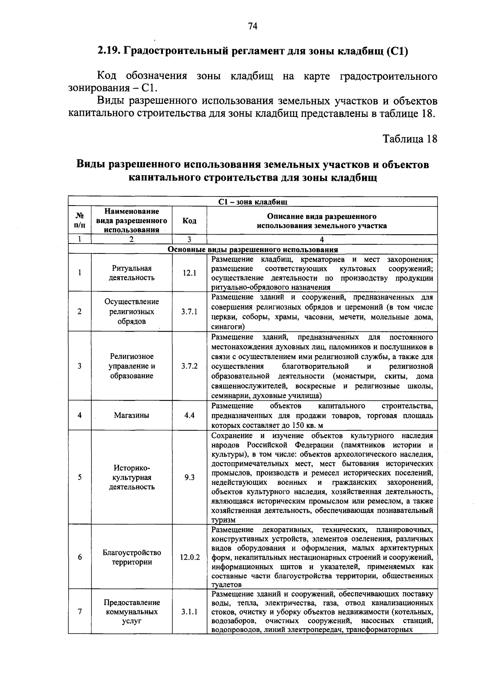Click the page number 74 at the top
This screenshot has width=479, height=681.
[x=253, y=26]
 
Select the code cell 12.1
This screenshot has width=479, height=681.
[x=189, y=273]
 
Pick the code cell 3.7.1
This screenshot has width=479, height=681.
[x=189, y=312]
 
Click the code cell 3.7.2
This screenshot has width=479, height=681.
[x=189, y=366]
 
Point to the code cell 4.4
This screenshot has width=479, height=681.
[x=189, y=415]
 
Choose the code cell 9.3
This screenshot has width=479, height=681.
[x=189, y=477]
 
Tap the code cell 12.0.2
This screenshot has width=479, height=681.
[x=190, y=557]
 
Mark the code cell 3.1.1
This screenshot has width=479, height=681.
[x=189, y=612]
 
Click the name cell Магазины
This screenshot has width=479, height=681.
[x=132, y=415]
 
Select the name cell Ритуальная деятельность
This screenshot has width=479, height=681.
[x=132, y=273]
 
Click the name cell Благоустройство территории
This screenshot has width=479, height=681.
[x=132, y=557]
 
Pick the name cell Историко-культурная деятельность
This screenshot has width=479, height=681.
[x=132, y=477]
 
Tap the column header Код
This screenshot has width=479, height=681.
[x=189, y=221]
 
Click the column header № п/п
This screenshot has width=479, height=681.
[x=80, y=221]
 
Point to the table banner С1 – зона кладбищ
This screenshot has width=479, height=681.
[x=253, y=202]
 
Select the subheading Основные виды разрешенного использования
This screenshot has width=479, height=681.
[x=253, y=249]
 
